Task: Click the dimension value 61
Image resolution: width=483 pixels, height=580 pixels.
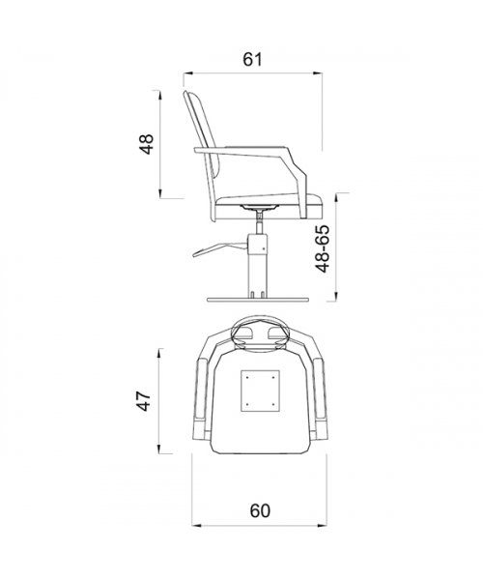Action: (x=252, y=59)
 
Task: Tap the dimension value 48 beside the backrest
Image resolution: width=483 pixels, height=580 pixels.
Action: (x=147, y=144)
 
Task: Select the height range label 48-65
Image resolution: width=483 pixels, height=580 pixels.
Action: (x=323, y=248)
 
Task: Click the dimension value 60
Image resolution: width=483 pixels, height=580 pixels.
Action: (x=260, y=511)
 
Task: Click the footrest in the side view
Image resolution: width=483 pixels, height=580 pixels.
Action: (x=220, y=248)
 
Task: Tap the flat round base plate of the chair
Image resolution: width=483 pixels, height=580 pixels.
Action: (x=258, y=300)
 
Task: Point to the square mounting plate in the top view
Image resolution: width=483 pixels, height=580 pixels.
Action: (x=260, y=391)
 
